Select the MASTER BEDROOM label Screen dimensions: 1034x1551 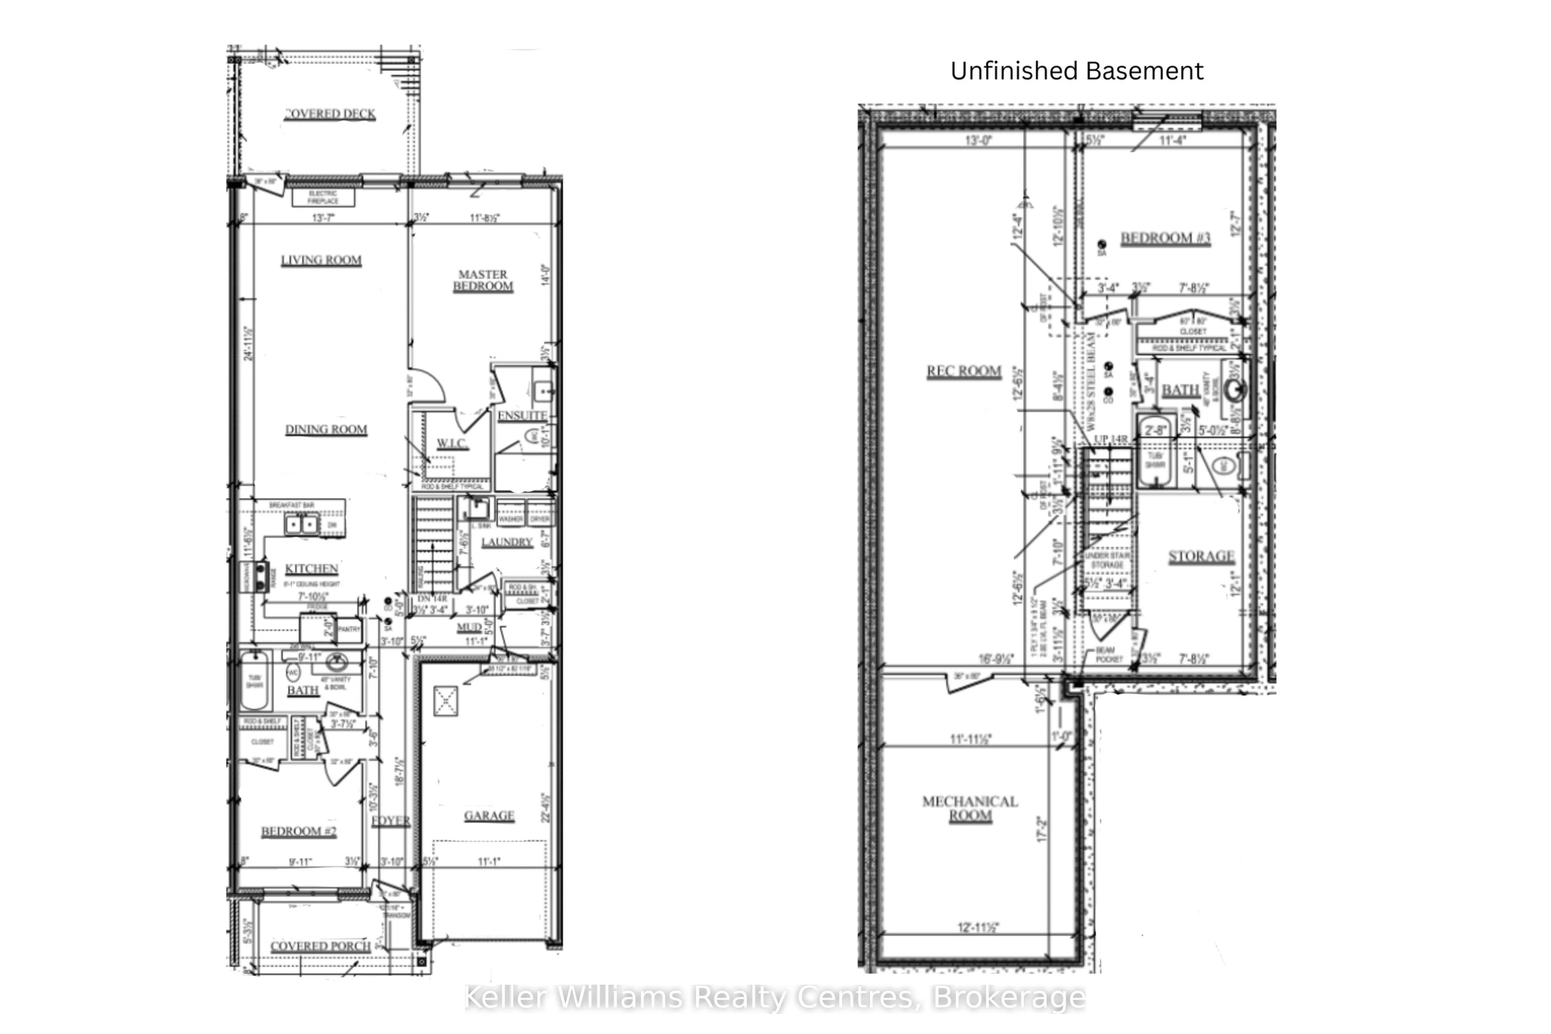(x=483, y=280)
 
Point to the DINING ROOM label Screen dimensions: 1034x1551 (x=326, y=430)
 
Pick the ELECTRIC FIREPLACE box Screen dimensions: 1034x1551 (x=323, y=197)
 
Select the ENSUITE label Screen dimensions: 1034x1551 (x=522, y=416)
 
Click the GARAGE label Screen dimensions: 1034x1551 (x=489, y=816)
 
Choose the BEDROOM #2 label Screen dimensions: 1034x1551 (x=299, y=832)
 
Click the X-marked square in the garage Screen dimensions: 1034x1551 (x=446, y=701)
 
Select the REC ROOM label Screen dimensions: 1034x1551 (x=963, y=371)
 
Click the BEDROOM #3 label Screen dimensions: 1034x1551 (x=1165, y=238)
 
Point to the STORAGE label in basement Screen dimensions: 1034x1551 (x=1201, y=557)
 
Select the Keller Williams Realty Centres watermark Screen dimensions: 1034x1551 (x=775, y=997)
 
